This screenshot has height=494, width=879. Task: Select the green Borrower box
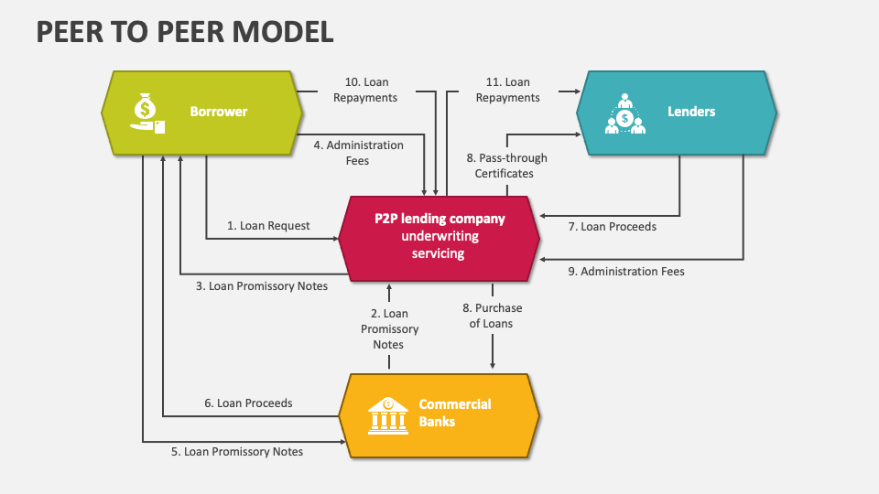click(x=201, y=112)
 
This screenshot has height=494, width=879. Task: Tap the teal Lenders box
click(x=677, y=112)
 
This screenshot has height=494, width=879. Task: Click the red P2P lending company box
click(x=439, y=236)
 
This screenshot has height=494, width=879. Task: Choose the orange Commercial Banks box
click(x=439, y=414)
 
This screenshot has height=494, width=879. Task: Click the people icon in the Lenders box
click(x=625, y=113)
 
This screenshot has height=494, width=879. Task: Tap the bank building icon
click(x=387, y=415)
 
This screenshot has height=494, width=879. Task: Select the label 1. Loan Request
click(x=268, y=225)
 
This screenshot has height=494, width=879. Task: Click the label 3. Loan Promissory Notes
click(x=262, y=285)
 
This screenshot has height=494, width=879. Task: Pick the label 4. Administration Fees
click(x=358, y=153)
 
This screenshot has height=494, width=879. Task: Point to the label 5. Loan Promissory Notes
click(x=237, y=451)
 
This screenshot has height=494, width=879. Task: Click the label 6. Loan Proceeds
click(x=248, y=403)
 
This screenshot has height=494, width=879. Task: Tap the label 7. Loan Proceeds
click(x=612, y=226)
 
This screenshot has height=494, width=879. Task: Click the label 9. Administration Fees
click(x=624, y=271)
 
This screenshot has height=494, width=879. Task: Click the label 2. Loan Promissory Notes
click(x=389, y=329)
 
